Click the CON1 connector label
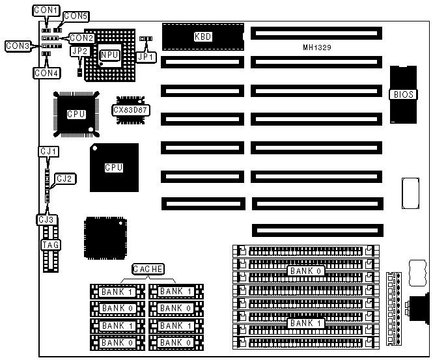click(x=46, y=11)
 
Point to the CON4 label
click(x=47, y=73)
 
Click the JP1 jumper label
click(x=147, y=57)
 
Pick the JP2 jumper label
click(x=79, y=51)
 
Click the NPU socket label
click(x=109, y=55)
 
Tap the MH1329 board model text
click(x=318, y=48)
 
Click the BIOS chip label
click(x=403, y=94)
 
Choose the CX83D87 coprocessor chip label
click(x=131, y=110)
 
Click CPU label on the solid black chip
click(x=114, y=167)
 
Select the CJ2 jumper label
click(x=65, y=178)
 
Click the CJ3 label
click(x=46, y=219)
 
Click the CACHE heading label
click(x=148, y=269)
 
